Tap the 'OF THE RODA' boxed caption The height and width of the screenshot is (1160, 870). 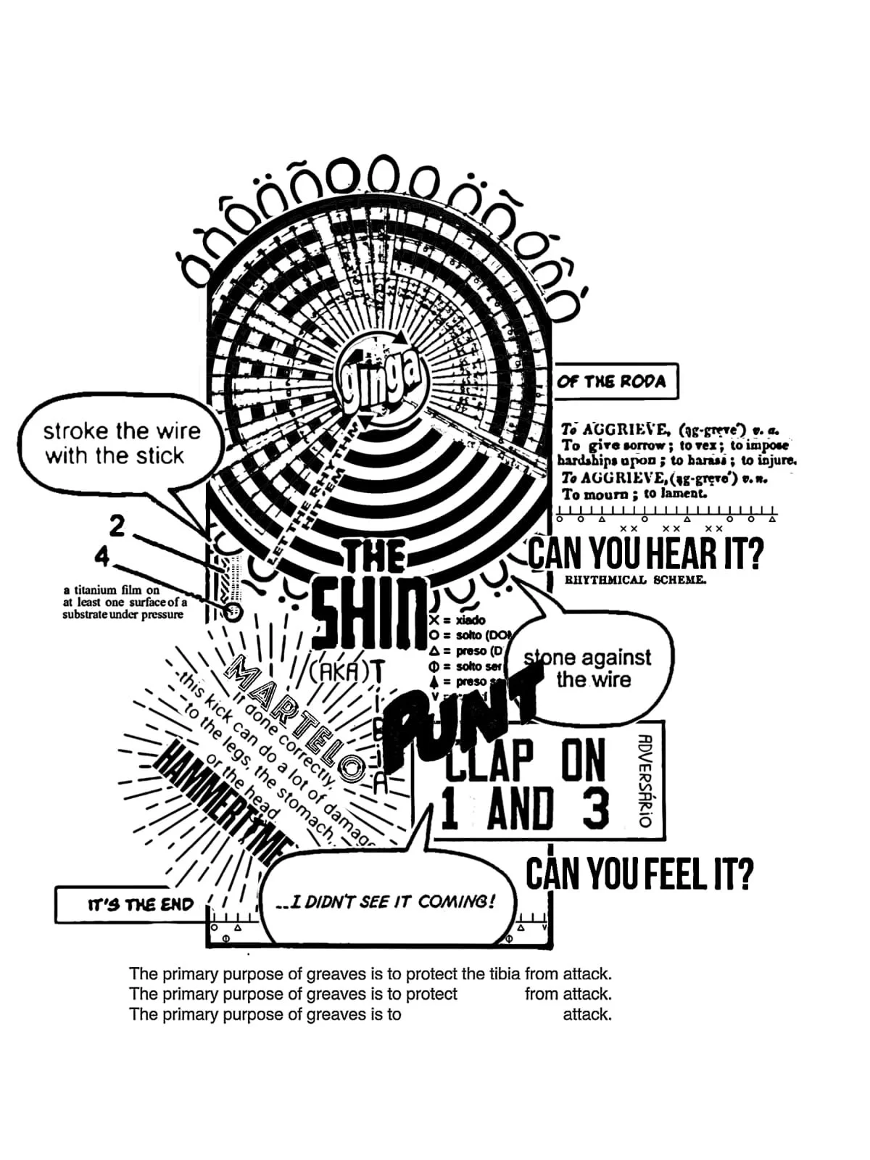click(616, 381)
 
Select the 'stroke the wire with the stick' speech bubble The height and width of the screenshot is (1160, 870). click(120, 443)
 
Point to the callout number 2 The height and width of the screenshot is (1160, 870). click(117, 526)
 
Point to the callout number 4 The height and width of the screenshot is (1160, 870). click(102, 557)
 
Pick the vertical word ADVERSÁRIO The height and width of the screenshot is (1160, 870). click(645, 781)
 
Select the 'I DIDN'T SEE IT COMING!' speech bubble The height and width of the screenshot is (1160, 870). click(386, 902)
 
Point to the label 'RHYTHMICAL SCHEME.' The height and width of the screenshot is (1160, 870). click(635, 580)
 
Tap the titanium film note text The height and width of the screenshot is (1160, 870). click(123, 602)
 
